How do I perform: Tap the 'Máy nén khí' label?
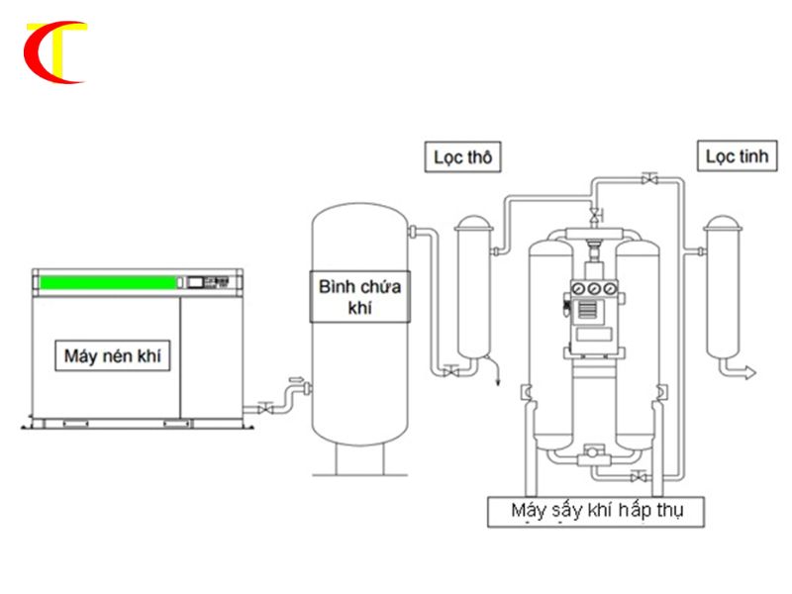pos(112,355)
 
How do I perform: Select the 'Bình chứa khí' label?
pos(359,296)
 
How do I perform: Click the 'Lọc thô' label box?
pos(462,157)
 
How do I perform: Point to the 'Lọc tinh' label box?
pos(737,156)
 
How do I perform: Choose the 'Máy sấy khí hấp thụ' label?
pos(596,512)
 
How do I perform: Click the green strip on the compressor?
pos(108,282)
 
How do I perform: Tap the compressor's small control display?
pos(195,282)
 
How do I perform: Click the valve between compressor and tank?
pos(265,407)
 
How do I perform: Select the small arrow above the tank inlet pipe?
pos(296,379)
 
